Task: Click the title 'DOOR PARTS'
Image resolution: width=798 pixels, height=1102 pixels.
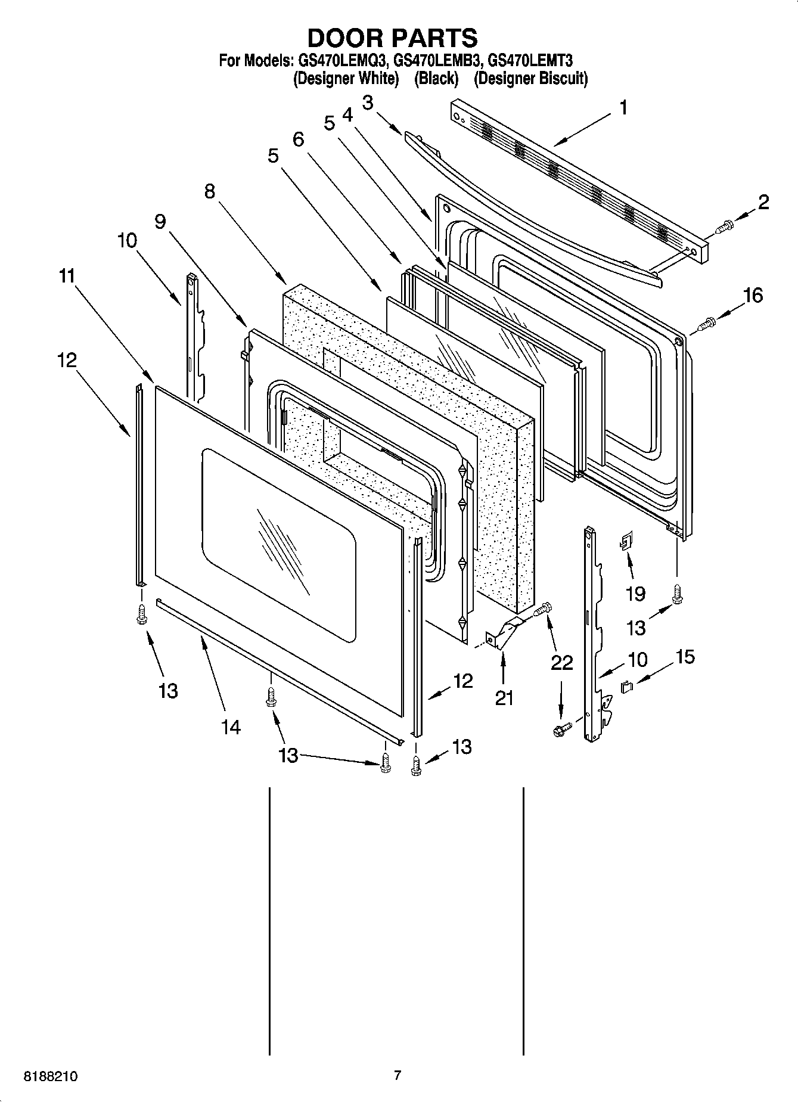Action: point(392,38)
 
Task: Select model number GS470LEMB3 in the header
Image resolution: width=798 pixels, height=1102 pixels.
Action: point(437,60)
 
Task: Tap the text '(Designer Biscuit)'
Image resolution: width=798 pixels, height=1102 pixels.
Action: point(530,79)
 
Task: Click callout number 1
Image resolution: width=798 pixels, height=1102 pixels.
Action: point(623,108)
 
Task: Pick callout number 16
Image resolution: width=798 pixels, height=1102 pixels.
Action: point(753,295)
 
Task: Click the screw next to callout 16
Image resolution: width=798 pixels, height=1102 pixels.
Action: point(706,323)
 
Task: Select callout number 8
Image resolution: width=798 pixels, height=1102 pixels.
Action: point(209,191)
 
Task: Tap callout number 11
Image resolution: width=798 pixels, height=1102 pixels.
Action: point(67,276)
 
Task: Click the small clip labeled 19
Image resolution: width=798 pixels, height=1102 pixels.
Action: point(626,542)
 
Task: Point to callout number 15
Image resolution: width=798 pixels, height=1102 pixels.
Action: point(685,657)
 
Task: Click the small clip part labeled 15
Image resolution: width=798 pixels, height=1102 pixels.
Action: point(627,687)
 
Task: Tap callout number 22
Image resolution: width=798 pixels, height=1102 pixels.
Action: point(562,663)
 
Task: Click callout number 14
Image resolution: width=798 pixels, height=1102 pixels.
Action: point(231,727)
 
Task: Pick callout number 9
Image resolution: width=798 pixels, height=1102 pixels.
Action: point(160,221)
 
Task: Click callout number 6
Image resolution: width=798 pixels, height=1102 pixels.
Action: point(298,139)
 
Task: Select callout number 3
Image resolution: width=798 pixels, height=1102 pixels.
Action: point(368,103)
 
